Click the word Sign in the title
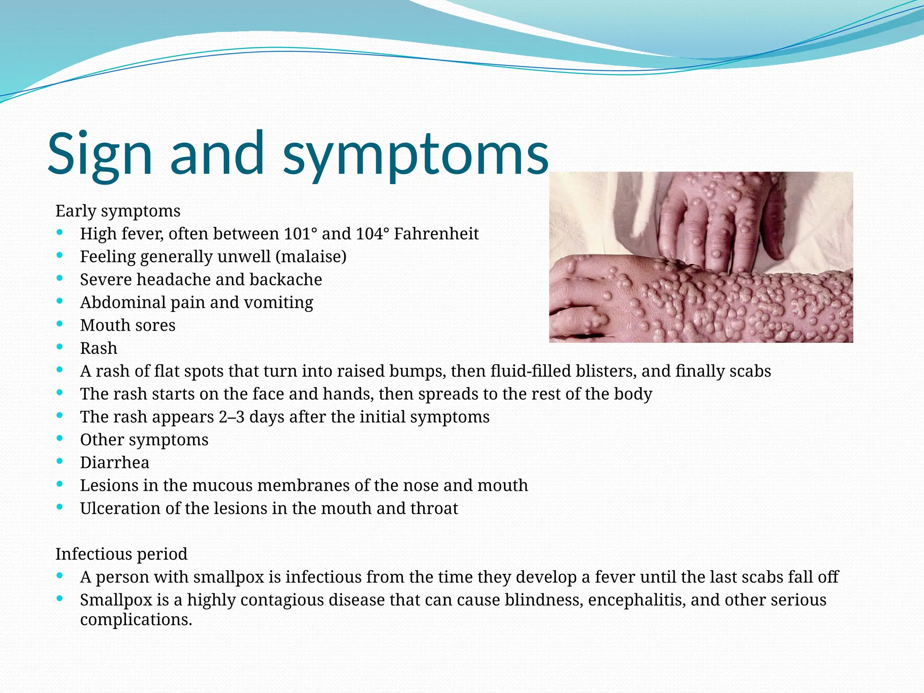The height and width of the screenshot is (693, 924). (100, 153)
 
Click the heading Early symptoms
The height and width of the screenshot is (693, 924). (118, 211)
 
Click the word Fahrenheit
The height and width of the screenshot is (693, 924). (436, 234)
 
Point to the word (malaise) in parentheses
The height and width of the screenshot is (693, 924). (311, 257)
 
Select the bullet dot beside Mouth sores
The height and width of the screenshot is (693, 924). (60, 323)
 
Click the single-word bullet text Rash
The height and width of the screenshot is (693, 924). (98, 348)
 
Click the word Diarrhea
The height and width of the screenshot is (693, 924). (115, 462)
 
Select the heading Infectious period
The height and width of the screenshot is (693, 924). (121, 554)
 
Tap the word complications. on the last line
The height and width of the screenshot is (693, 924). (136, 620)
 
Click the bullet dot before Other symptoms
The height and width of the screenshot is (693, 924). (60, 438)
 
